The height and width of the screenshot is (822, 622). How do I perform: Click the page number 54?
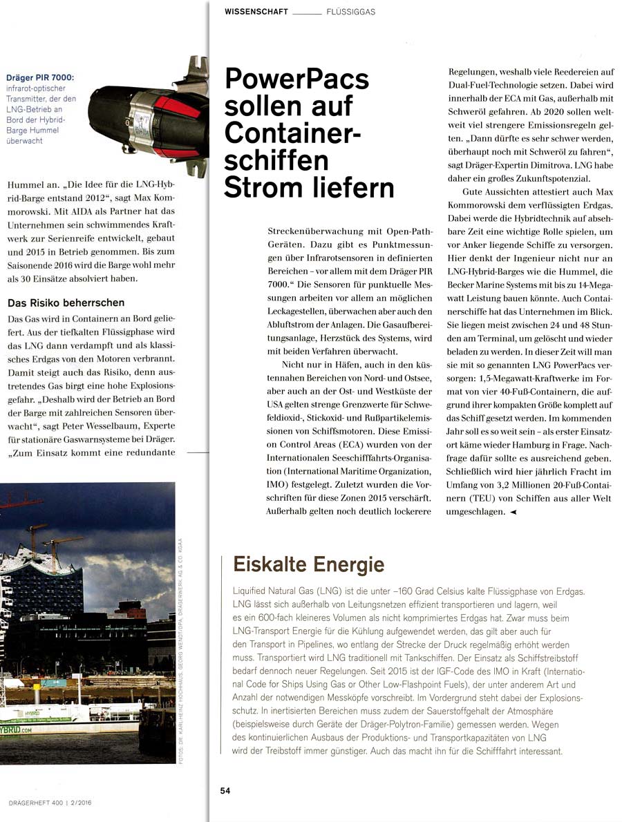point(225,791)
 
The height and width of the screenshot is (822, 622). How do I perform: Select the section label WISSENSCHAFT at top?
point(256,12)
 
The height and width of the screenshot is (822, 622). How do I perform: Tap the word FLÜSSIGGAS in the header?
point(351,12)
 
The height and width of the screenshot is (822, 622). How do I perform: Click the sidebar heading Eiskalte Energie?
point(308,564)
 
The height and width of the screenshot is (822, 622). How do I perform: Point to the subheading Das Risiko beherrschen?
point(66,303)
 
